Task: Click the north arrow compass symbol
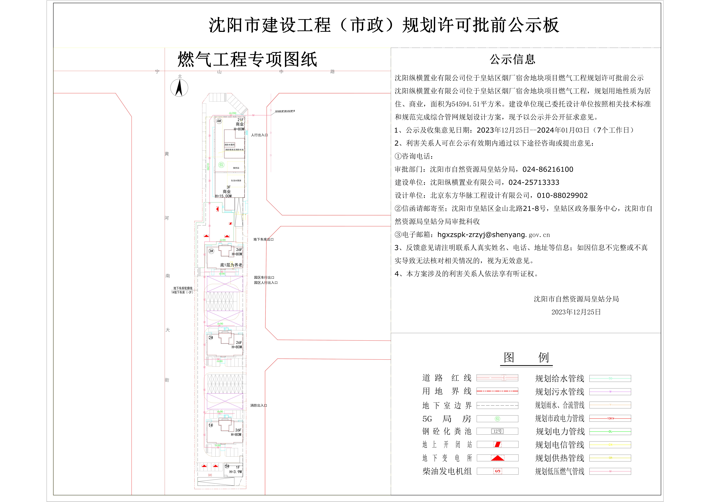coord(179,88)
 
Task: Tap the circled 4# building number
coord(219,121)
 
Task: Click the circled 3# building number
coord(211,251)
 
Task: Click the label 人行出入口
coord(259,135)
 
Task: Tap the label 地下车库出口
coord(263,239)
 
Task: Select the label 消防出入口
coord(259,405)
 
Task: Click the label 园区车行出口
coord(264,278)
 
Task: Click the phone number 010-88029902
coord(562,195)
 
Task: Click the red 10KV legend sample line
coord(610,418)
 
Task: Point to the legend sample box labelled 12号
coord(497,431)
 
